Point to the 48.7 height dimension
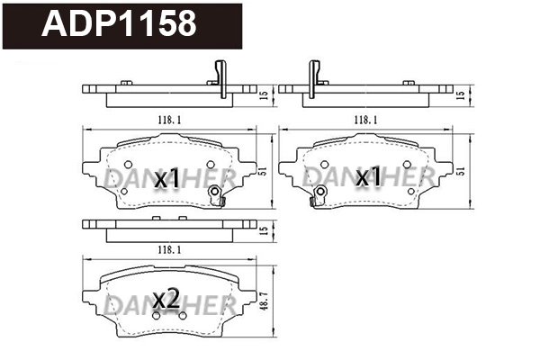point(262,300)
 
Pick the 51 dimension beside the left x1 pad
point(262,170)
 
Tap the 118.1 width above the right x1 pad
point(365,119)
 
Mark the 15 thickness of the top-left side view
point(262,93)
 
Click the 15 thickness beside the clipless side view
point(262,229)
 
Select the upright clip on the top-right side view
point(315,75)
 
